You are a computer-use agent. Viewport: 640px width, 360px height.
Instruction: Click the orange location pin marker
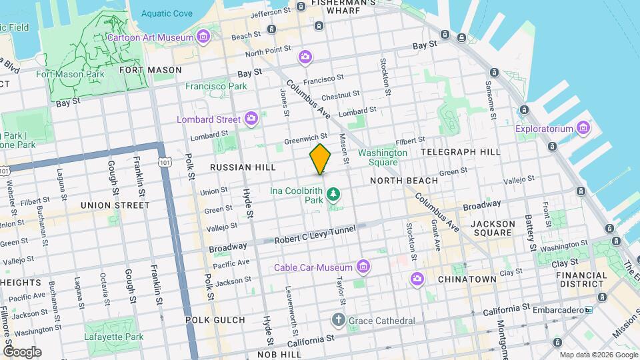pyautogui.click(x=320, y=159)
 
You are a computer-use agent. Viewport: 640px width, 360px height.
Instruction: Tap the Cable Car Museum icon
pyautogui.click(x=363, y=267)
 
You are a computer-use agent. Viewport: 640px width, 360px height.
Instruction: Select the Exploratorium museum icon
pyautogui.click(x=584, y=127)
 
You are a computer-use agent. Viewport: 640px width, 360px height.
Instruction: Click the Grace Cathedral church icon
pyautogui.click(x=339, y=321)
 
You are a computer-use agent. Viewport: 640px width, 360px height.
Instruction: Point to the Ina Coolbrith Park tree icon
pyautogui.click(x=333, y=195)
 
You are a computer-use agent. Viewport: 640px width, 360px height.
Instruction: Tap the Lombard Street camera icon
pyautogui.click(x=251, y=119)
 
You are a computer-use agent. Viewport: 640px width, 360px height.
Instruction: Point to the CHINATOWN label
pyautogui.click(x=467, y=279)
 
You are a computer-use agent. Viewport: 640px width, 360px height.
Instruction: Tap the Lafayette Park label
pyautogui.click(x=114, y=337)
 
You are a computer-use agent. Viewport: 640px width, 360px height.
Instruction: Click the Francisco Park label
pyautogui.click(x=216, y=86)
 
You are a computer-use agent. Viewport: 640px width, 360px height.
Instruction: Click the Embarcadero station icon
pyautogui.click(x=588, y=310)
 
